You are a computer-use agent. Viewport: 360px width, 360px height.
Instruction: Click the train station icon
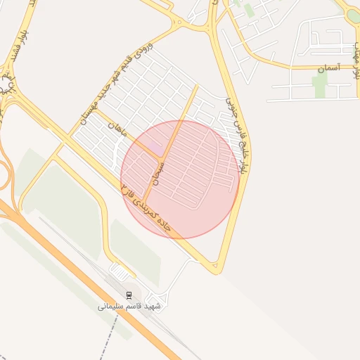point(129,295)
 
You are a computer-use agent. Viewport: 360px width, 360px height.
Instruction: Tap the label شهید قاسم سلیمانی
point(129,307)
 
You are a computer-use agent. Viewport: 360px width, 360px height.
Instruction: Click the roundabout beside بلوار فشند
point(7,85)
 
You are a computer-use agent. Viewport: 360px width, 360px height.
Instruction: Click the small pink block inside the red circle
point(155,145)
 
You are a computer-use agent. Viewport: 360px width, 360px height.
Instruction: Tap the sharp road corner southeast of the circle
point(218,270)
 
